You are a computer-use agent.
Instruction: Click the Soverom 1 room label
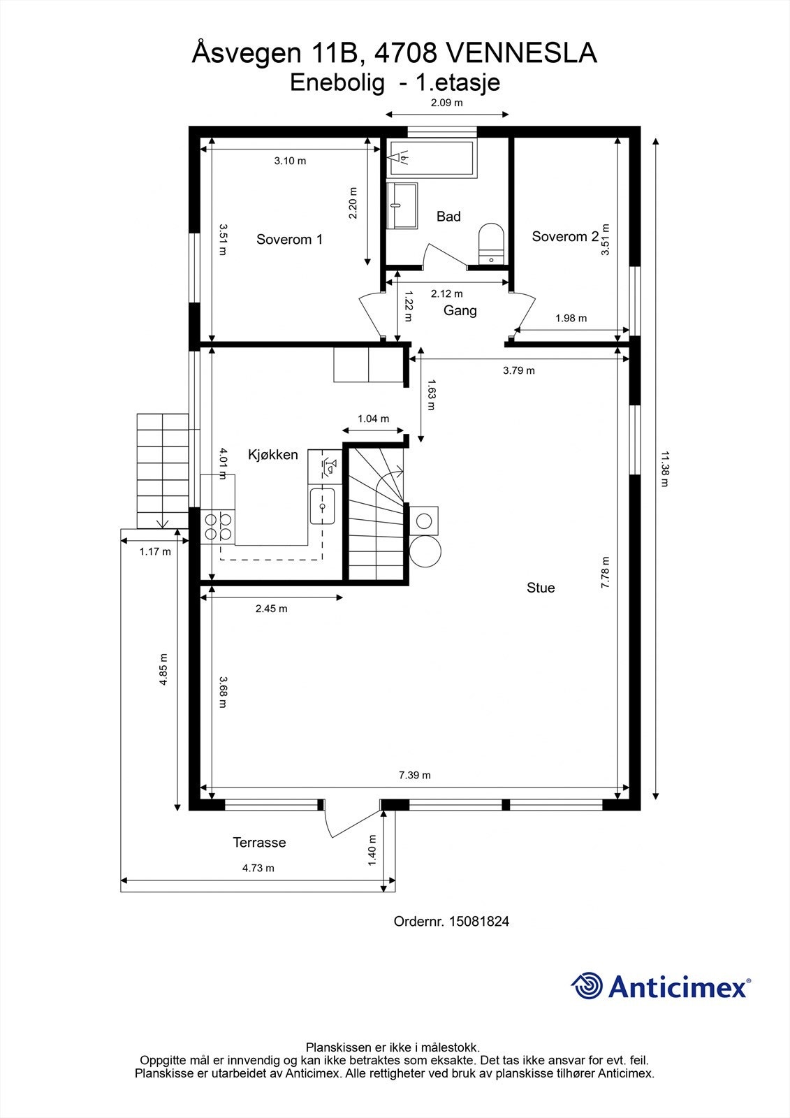[289, 240]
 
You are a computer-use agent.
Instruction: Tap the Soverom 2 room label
[565, 237]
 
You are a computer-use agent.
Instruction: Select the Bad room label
[448, 217]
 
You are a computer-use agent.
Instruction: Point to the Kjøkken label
[273, 455]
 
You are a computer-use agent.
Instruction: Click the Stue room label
[541, 588]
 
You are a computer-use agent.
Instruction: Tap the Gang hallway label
[460, 311]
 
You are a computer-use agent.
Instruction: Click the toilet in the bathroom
[491, 244]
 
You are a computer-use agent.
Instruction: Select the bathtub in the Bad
[431, 158]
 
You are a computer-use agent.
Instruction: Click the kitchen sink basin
[323, 507]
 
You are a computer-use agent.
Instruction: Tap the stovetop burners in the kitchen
[218, 527]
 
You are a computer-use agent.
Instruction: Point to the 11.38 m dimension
[664, 469]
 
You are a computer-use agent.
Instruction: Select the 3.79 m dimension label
[518, 370]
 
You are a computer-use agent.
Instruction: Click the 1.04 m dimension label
[373, 419]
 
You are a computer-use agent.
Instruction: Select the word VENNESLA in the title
[521, 53]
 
